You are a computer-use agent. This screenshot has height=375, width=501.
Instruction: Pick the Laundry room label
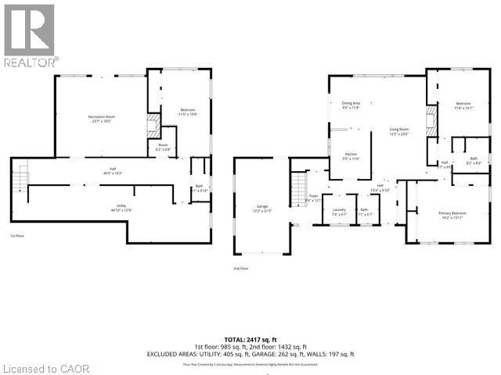click(x=339, y=210)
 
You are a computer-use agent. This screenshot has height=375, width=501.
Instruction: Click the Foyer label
click(x=313, y=197)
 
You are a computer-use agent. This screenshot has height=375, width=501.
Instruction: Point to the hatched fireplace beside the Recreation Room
click(x=153, y=124)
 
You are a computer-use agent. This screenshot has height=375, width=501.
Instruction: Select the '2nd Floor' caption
click(x=240, y=268)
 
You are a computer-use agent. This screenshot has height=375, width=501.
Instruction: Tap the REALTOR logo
click(x=30, y=35)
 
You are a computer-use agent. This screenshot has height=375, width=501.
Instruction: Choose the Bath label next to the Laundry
click(x=364, y=210)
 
